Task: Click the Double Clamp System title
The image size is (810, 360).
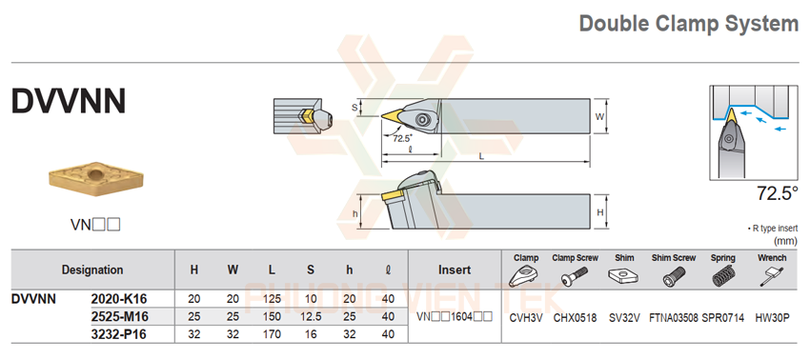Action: click(x=689, y=24)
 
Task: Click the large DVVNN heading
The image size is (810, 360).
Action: click(x=69, y=101)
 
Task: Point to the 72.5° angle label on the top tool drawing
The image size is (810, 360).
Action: click(x=401, y=138)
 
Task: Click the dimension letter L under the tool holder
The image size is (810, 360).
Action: click(x=481, y=156)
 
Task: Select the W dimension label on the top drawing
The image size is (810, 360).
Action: click(x=599, y=117)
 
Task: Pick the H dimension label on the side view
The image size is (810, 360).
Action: click(x=599, y=212)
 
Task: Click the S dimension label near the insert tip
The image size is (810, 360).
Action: click(x=354, y=108)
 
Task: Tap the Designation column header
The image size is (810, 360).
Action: click(x=92, y=270)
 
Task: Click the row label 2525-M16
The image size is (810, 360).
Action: click(x=119, y=316)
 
